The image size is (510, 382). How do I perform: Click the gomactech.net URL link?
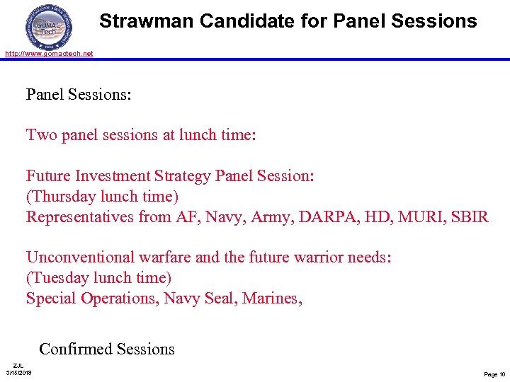tap(49, 54)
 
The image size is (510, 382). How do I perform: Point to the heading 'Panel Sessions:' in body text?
tap(79, 94)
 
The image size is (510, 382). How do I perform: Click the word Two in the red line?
tap(41, 134)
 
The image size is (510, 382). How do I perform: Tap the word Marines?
tap(272, 299)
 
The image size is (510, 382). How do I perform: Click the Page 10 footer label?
tap(494, 374)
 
